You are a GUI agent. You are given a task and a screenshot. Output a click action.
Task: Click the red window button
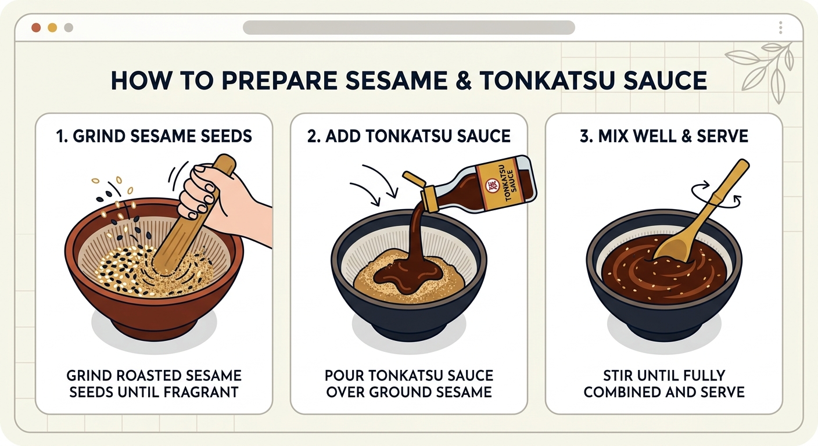(x=36, y=28)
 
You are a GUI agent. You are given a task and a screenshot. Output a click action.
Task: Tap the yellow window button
(x=52, y=28)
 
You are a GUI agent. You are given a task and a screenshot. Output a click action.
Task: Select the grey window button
(x=69, y=28)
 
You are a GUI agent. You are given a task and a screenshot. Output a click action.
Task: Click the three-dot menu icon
(x=780, y=28)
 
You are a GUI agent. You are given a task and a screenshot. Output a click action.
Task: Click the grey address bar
(x=408, y=27)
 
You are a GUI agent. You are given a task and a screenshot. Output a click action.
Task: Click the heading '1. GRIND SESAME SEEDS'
(x=154, y=136)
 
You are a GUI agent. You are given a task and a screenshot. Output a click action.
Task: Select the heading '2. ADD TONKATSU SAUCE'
(x=408, y=136)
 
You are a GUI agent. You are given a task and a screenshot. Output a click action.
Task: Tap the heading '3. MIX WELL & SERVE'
(x=664, y=136)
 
